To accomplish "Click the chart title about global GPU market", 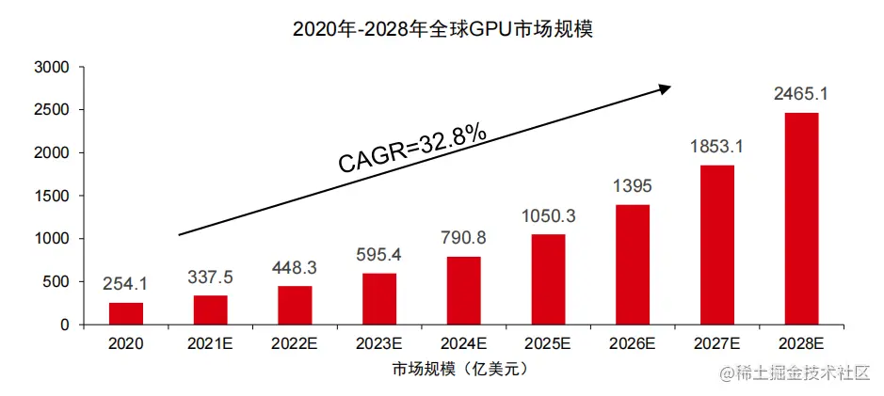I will (x=443, y=29).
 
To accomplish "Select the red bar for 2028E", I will (x=801, y=218).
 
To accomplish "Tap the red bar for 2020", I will (x=126, y=313).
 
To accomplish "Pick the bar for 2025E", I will (x=548, y=278).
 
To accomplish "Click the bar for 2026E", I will (x=633, y=264).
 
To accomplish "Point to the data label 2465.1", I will (x=801, y=94).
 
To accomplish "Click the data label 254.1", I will (x=126, y=283).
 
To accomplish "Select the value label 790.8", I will (x=464, y=236).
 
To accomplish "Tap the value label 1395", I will (x=633, y=185).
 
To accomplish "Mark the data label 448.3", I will (x=295, y=266).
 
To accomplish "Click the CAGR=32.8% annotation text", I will (x=412, y=150).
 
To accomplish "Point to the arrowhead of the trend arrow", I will (x=665, y=87).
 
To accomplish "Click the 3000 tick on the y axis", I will (x=51, y=68).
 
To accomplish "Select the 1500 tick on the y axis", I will (x=51, y=196).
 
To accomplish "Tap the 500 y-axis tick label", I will (x=56, y=282).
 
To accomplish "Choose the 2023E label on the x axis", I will (x=379, y=344).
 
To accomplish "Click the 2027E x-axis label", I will (x=716, y=344).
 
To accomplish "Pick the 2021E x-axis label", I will (x=211, y=344).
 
